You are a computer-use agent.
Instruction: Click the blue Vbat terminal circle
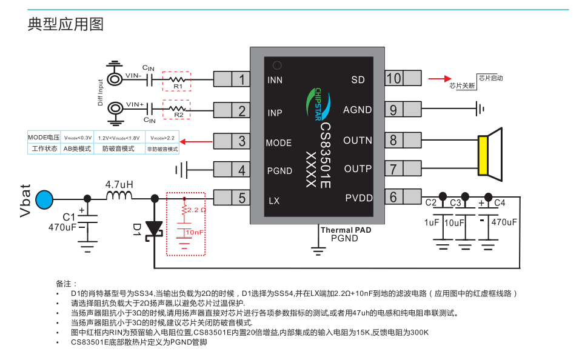[44, 199]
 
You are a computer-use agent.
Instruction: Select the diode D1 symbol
[154, 229]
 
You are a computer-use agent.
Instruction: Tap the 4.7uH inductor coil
[119, 196]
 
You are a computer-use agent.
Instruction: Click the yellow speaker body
[483, 155]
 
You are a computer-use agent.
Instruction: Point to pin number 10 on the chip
[394, 78]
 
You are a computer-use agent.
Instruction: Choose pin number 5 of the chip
[242, 198]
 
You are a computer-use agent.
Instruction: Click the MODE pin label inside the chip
[278, 143]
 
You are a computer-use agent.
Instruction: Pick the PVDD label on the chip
[358, 198]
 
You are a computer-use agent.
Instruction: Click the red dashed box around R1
[176, 72]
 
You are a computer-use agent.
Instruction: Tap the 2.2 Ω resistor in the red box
[184, 210]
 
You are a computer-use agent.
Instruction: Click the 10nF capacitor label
[195, 232]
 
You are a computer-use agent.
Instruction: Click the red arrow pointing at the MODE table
[196, 141]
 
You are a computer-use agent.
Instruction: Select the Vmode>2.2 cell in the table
[162, 138]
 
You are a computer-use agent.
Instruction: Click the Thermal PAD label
[346, 230]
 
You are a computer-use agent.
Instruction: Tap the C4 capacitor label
[500, 203]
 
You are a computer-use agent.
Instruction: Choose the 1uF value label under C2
[431, 222]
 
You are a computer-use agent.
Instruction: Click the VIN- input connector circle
[115, 79]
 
